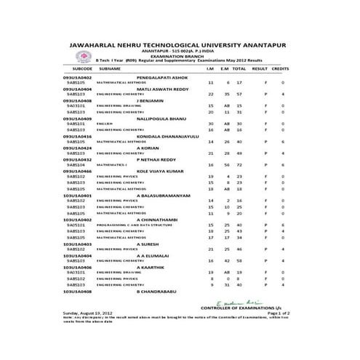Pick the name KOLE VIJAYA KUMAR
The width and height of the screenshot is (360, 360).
pos(166,170)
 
